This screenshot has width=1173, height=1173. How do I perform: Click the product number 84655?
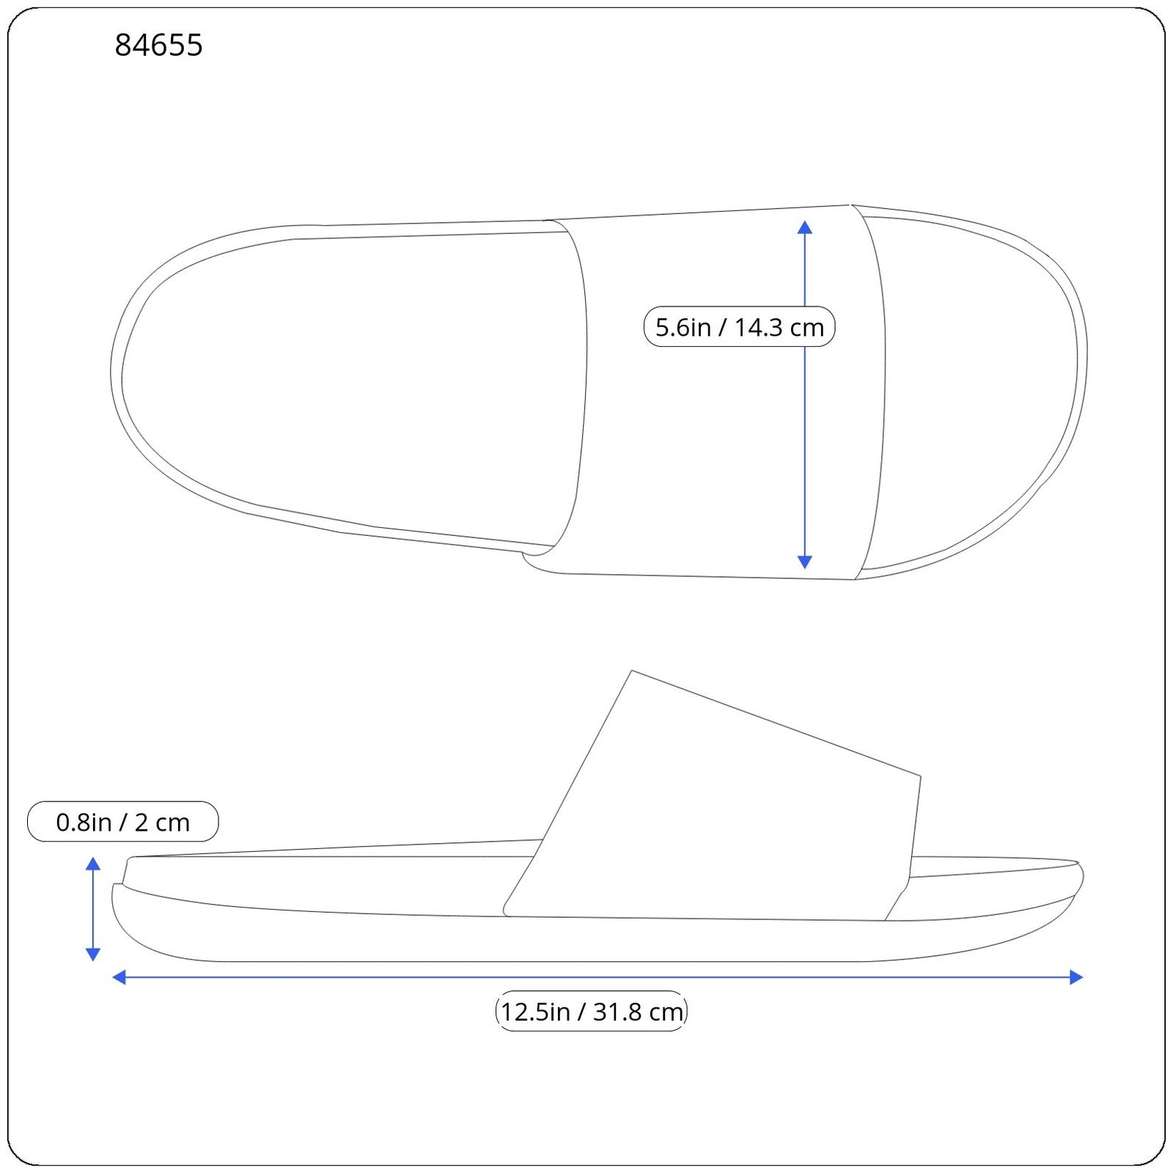[x=158, y=45]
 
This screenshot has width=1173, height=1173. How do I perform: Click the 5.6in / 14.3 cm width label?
[x=739, y=327]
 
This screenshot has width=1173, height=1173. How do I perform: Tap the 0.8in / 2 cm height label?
[x=122, y=822]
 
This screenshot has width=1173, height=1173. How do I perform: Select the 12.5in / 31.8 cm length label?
[x=591, y=1012]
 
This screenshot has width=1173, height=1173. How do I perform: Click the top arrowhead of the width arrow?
[x=804, y=227]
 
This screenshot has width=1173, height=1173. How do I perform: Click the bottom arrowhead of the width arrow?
[x=804, y=562]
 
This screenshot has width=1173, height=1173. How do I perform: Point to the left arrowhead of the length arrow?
[x=119, y=977]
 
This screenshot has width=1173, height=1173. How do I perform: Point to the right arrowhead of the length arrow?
[x=1075, y=977]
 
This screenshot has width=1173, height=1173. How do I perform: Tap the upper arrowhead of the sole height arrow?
[x=93, y=864]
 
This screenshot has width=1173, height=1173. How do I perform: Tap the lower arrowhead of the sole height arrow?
[x=93, y=954]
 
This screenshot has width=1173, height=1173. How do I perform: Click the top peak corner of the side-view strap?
[x=632, y=672]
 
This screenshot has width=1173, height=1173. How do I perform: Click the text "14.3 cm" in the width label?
[x=779, y=327]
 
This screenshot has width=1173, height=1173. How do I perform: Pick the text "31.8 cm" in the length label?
[x=638, y=1012]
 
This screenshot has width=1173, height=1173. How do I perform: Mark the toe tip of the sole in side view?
[x=1081, y=876]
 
